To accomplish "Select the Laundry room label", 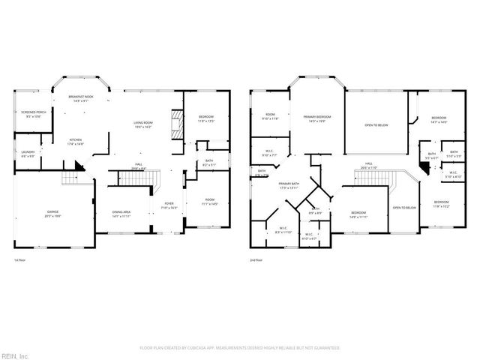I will [x=28, y=154].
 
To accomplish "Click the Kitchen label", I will [x=76, y=142].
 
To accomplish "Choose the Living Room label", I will [x=143, y=125].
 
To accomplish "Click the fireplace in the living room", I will [x=176, y=124].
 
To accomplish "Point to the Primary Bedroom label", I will [x=318, y=118].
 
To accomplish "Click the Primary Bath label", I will [x=289, y=185].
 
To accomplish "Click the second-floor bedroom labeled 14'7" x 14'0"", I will [x=438, y=120].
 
